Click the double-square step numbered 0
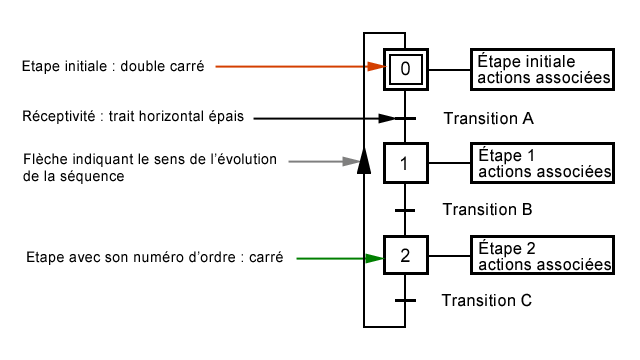[x=405, y=69]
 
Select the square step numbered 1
[x=405, y=164]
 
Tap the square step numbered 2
[x=405, y=256]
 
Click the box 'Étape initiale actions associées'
[x=541, y=69]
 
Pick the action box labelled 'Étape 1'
[x=541, y=164]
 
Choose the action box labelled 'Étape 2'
[x=541, y=256]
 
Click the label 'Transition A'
[x=488, y=119]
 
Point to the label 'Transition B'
[x=488, y=210]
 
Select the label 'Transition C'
[x=488, y=300]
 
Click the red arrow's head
[x=376, y=67]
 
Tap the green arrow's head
[x=376, y=258]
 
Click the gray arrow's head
[x=349, y=160]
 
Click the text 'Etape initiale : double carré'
[x=113, y=67]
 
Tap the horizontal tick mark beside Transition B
[x=405, y=210]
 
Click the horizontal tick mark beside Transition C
[x=405, y=300]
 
